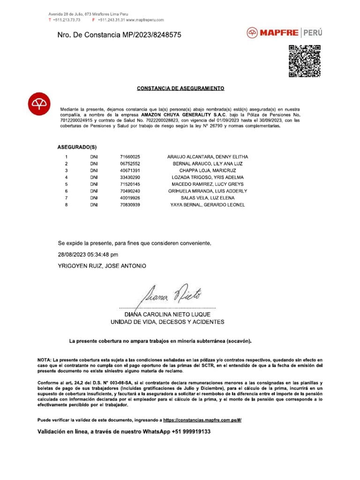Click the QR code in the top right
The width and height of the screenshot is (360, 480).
(x=305, y=61)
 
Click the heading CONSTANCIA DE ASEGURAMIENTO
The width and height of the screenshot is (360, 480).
(x=180, y=88)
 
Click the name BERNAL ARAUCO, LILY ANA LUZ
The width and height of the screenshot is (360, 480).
(x=208, y=164)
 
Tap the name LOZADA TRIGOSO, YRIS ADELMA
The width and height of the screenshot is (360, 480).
(x=208, y=178)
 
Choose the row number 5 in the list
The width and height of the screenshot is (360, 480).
(x=67, y=185)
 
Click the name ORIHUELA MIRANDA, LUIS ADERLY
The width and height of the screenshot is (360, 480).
(x=208, y=191)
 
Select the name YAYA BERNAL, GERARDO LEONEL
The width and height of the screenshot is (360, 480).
(x=208, y=205)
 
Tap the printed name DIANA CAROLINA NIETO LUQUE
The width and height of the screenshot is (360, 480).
(x=167, y=314)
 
